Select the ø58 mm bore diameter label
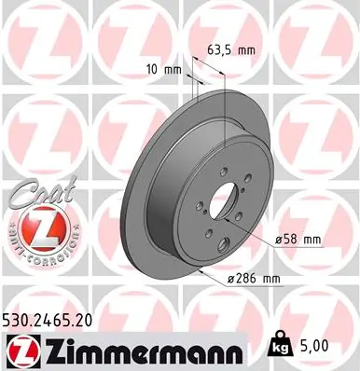(298, 240)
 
